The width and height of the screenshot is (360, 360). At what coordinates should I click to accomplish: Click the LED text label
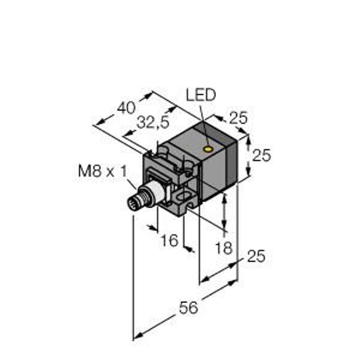tap(201, 95)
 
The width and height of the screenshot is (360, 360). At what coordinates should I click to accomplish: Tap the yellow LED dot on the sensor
tap(208, 149)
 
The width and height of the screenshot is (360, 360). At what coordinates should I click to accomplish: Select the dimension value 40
tap(126, 107)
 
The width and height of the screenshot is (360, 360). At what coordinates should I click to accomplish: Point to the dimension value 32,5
tap(152, 122)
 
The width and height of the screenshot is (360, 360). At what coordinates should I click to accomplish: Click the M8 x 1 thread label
tap(102, 171)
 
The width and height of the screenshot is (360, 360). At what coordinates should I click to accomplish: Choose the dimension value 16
tap(169, 240)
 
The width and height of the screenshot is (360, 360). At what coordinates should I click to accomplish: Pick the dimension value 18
tap(224, 248)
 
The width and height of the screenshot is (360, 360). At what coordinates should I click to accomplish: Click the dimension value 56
tap(188, 308)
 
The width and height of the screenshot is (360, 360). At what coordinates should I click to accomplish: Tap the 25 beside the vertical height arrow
tap(262, 155)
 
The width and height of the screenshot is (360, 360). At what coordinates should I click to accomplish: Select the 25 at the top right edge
tap(239, 118)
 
